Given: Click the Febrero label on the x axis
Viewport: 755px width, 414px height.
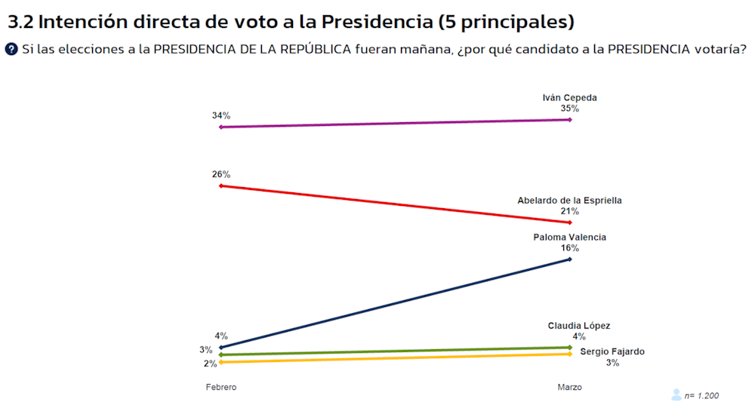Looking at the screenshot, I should coord(221,387).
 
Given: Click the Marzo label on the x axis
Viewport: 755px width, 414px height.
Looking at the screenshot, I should coord(569,387).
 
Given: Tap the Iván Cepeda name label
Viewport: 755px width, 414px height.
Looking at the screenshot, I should coord(569,97).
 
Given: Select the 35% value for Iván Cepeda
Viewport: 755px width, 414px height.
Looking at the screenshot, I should coord(569,109).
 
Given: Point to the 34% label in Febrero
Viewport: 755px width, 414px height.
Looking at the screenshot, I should coord(220,115).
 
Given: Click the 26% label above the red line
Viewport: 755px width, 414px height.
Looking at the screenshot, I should coord(220,174).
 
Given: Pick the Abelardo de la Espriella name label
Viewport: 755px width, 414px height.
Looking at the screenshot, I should coord(569,201).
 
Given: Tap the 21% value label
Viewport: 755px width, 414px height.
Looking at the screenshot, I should coord(569,212).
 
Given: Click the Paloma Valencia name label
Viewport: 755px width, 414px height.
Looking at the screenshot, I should coord(569,237).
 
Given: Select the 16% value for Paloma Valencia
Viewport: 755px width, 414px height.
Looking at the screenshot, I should coord(569,248).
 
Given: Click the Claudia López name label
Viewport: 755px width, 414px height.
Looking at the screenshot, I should coord(578,326).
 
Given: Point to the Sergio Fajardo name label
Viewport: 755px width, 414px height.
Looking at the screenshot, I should coord(612,351).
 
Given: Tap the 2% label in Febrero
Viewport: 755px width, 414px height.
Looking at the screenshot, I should coord(209,363).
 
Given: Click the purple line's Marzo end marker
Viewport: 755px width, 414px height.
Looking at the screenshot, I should coord(569,119).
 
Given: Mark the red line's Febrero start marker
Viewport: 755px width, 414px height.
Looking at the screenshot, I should coord(220,186).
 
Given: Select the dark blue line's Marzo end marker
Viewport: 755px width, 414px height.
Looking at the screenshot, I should coord(569,259).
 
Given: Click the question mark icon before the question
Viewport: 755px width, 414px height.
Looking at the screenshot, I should coord(11,49).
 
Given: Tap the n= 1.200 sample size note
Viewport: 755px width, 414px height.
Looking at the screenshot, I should coord(701,396).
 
